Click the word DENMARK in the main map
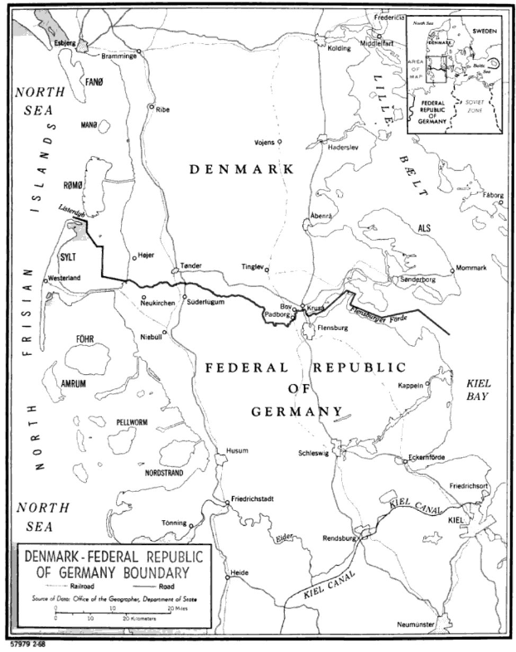(x=242, y=169)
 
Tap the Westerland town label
(x=64, y=278)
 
